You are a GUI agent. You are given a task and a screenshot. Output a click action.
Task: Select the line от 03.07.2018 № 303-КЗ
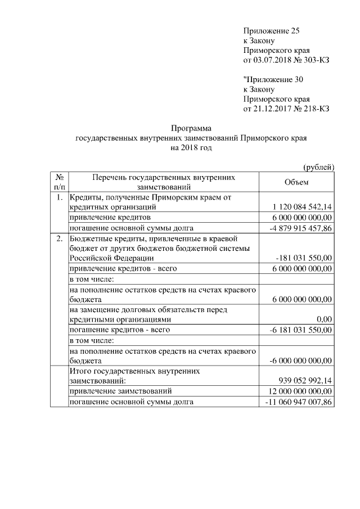tap(285, 60)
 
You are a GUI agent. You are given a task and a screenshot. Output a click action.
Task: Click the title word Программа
tap(192, 128)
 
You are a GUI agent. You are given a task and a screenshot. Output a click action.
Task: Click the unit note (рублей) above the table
tap(318, 166)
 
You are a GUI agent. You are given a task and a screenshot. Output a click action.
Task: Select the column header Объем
tap(296, 182)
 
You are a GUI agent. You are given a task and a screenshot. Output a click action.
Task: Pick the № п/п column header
tap(59, 182)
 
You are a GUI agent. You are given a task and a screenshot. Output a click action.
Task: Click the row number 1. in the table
tap(59, 197)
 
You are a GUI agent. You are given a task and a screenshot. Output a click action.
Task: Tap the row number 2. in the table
tap(59, 238)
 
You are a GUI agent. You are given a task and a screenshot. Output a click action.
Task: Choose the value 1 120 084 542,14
tap(301, 208)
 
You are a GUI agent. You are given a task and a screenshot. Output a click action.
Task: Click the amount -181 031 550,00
tap(304, 258)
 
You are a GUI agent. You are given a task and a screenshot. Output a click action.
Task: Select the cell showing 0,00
tap(324, 319)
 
